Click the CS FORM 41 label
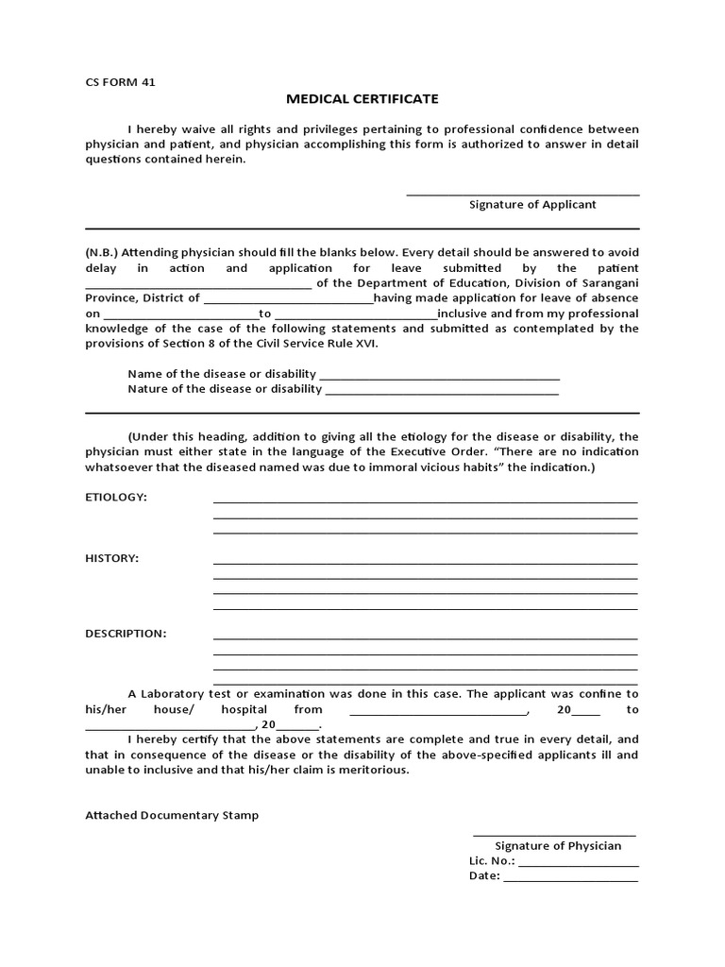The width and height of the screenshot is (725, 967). tap(120, 82)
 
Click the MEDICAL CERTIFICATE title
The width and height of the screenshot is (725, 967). tap(362, 98)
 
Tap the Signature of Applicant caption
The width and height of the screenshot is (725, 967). tap(532, 205)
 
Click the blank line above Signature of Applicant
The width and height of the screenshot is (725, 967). tap(522, 194)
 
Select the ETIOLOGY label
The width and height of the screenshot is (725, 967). tap(116, 498)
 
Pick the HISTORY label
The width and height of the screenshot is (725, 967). tap(111, 558)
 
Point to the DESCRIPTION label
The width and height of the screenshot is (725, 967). tap(126, 634)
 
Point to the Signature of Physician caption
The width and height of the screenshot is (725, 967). tap(558, 846)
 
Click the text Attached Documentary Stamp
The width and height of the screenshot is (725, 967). tap(172, 816)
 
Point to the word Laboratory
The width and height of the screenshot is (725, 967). tap(176, 693)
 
